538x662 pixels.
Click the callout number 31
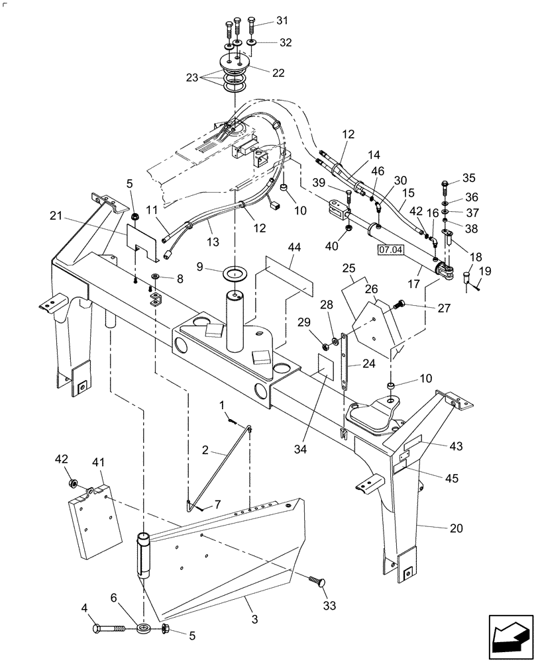(x=283, y=22)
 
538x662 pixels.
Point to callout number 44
(x=294, y=246)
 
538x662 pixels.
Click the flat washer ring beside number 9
(x=235, y=272)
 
